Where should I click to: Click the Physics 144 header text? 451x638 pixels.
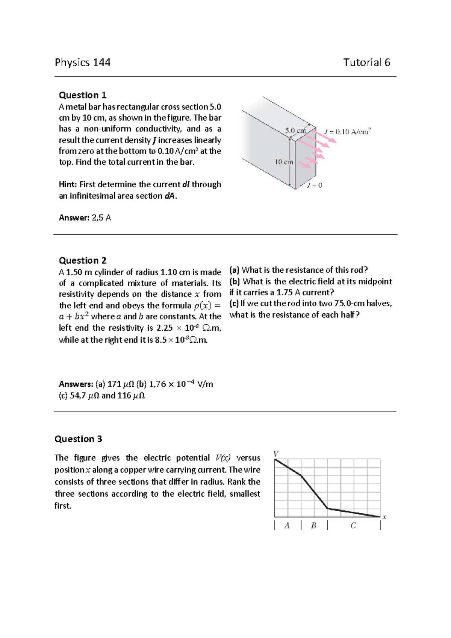[x=83, y=62]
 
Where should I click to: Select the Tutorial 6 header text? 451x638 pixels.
[x=366, y=62]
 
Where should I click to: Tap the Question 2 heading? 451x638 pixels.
[x=83, y=261]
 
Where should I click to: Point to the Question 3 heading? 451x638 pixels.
[x=78, y=439]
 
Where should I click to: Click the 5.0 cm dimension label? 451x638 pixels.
[x=295, y=131]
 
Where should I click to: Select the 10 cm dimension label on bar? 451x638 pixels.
[x=284, y=162]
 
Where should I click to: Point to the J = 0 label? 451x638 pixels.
[x=315, y=185]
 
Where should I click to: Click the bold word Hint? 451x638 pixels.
[x=68, y=185]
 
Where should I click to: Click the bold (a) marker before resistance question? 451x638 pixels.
[x=235, y=270]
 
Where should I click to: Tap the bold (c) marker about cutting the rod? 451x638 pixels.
[x=234, y=304]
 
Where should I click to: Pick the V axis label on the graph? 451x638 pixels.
[x=276, y=453]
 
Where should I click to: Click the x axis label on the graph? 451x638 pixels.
[x=384, y=517]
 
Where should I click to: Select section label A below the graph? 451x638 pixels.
[x=287, y=526]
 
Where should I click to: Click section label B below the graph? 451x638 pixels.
[x=313, y=526]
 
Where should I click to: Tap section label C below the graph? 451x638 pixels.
[x=353, y=526]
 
